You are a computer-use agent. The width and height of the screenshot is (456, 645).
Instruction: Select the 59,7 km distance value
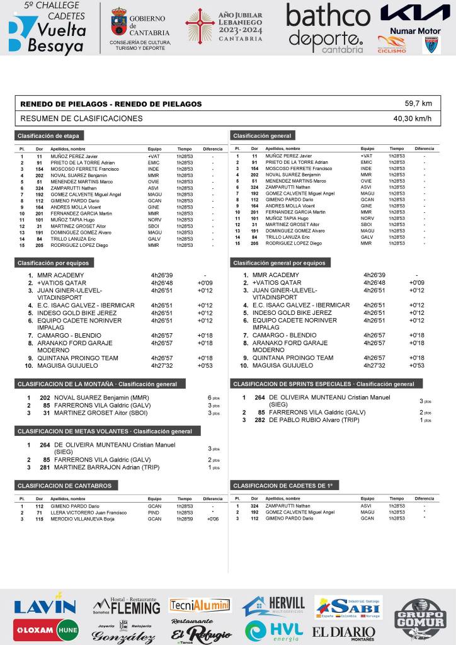pyautogui.click(x=418, y=103)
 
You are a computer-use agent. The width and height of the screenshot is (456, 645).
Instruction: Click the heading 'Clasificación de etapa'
pyautogui.click(x=48, y=136)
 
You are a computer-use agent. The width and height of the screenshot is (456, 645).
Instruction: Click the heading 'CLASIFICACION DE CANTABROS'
pyautogui.click(x=64, y=486)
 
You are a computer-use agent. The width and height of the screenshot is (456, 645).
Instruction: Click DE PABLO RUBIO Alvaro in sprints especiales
pyautogui.click(x=305, y=420)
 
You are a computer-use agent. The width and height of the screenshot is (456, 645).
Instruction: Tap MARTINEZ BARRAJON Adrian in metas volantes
pyautogui.click(x=98, y=467)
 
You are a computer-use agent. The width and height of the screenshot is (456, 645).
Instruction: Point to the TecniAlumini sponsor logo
pyautogui.click(x=200, y=605)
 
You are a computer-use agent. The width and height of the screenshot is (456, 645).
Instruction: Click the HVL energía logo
pyautogui.click(x=274, y=631)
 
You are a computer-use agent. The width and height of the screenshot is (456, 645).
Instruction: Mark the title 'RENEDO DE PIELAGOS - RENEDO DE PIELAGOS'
pyautogui.click(x=111, y=103)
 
